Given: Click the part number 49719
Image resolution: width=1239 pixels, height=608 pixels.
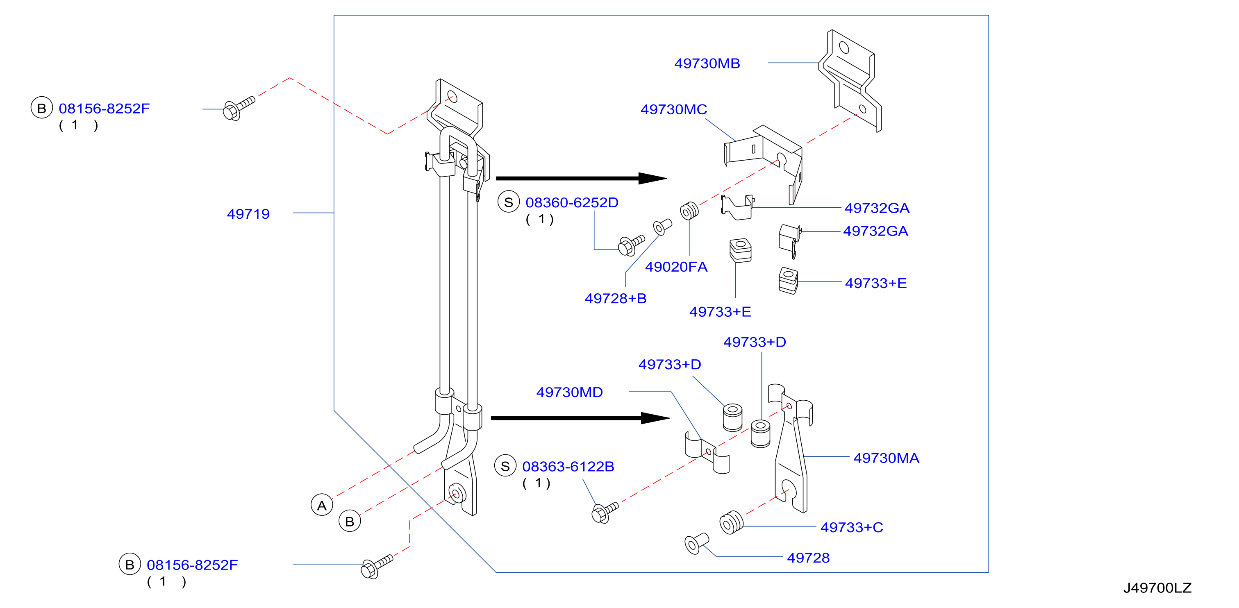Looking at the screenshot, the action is click(x=248, y=214).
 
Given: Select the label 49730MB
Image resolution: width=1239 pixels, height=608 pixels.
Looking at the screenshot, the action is click(x=707, y=64).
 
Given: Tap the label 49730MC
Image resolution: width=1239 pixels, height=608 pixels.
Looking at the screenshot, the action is click(x=674, y=109).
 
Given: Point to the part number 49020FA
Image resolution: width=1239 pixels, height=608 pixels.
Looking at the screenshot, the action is click(x=676, y=267).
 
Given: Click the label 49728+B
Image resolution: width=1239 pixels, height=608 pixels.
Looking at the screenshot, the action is click(x=616, y=299).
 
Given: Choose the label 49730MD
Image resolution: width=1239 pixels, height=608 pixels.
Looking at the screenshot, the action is click(x=569, y=392).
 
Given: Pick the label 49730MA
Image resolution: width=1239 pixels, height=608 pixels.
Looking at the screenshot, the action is click(x=887, y=458).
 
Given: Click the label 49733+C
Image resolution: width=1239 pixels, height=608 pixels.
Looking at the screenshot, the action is click(x=852, y=527).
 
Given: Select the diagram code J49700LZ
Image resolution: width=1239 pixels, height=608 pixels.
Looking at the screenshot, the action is click(x=1157, y=588).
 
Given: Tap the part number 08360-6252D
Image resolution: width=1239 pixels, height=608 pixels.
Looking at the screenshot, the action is click(x=572, y=203).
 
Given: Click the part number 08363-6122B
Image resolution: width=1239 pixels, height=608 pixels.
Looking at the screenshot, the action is click(x=568, y=467).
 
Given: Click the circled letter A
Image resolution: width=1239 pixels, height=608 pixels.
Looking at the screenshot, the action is click(x=322, y=505).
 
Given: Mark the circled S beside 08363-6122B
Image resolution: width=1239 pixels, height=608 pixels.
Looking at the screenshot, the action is click(x=505, y=466).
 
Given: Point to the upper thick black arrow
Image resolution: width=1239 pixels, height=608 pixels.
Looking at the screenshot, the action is click(x=582, y=178).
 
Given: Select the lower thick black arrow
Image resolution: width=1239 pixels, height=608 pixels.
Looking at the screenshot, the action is click(x=580, y=418).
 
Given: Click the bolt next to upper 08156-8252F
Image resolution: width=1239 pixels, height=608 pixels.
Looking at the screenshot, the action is click(x=239, y=109).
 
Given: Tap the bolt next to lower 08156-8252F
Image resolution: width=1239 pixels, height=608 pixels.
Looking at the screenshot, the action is click(x=377, y=567).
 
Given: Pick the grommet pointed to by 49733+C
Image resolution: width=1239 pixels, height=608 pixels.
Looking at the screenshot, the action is click(x=731, y=522).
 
